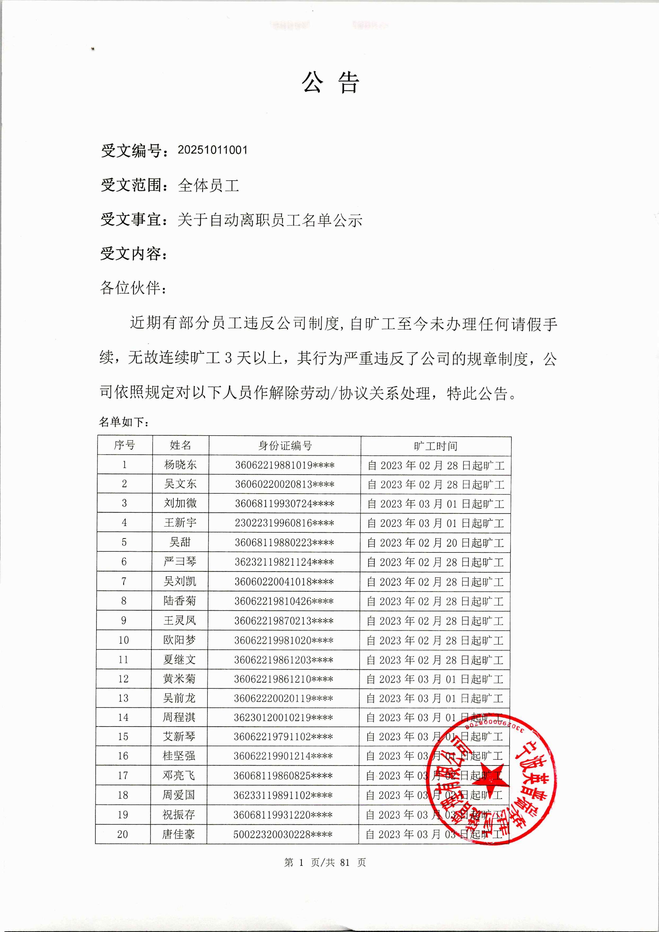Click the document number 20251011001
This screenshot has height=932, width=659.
tap(212, 150)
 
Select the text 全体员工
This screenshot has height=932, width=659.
tap(208, 186)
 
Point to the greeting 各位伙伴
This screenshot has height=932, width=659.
tap(133, 288)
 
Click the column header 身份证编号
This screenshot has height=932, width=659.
tap(285, 445)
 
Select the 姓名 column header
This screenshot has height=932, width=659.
tap(180, 445)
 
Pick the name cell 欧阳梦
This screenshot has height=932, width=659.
tap(179, 640)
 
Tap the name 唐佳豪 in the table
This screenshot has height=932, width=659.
tap(179, 834)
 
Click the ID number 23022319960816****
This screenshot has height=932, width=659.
tap(284, 523)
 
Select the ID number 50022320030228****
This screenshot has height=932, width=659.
tap(283, 834)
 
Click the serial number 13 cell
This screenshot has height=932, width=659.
tap(123, 698)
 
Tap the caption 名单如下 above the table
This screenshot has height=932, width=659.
tap(124, 422)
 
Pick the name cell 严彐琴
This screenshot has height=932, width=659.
tap(180, 562)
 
